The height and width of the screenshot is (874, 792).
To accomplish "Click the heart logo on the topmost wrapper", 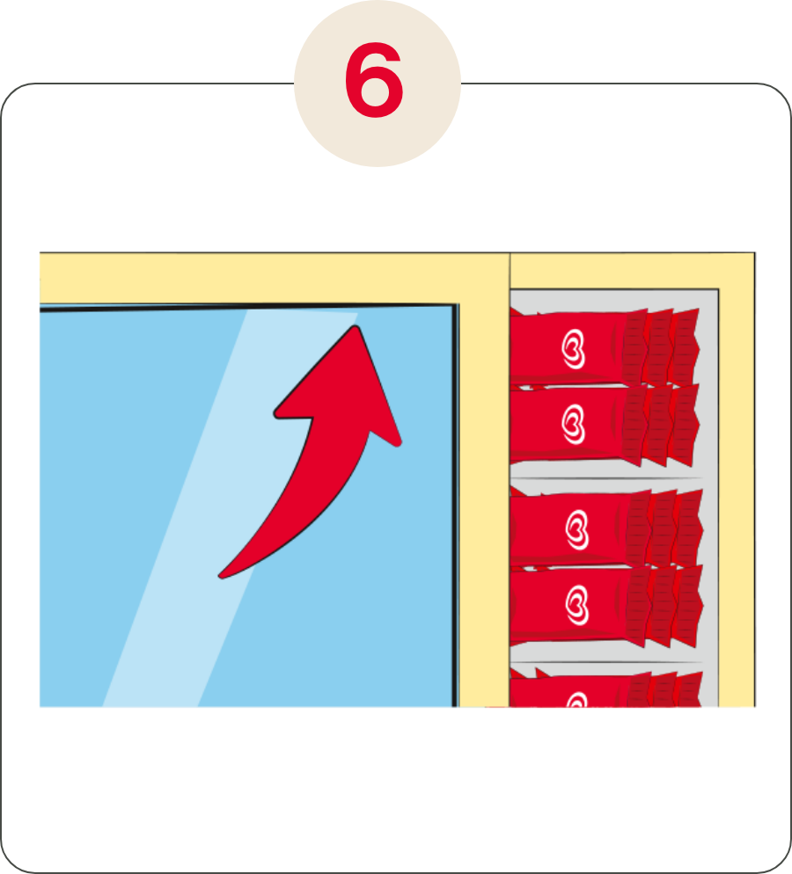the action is click(x=574, y=349).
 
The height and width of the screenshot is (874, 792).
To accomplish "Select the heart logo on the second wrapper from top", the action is click(x=574, y=425).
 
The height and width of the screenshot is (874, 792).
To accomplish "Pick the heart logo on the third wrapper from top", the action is click(x=577, y=530).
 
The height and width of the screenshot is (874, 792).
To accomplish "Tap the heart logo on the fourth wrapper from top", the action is click(x=577, y=605).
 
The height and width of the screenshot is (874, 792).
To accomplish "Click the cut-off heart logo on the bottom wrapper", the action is click(x=577, y=700).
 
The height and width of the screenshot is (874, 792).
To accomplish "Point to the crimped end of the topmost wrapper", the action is click(x=662, y=347).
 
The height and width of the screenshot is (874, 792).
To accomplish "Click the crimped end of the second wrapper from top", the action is click(x=662, y=425).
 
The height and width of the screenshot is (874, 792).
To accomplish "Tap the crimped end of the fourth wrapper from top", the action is click(x=664, y=606).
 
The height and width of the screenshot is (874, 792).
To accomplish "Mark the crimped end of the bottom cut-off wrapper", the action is click(x=664, y=689).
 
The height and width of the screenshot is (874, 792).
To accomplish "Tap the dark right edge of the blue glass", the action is click(x=455, y=506).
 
